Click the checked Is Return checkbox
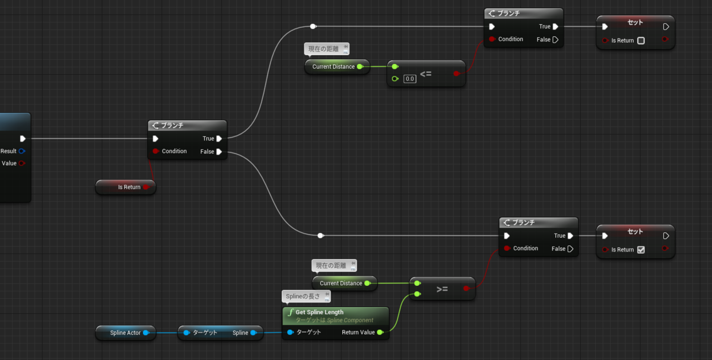[x=641, y=250]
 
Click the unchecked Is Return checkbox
[x=641, y=41]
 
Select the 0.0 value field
[x=410, y=79]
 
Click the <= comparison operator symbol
[x=425, y=74]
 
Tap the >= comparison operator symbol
[x=442, y=289]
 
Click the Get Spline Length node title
[x=319, y=313]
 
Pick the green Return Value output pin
[x=380, y=332]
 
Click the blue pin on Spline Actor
[x=146, y=333]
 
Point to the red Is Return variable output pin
[x=146, y=187]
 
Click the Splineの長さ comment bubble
[x=306, y=297]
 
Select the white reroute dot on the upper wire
[x=313, y=26]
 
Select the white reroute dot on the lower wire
[x=320, y=236]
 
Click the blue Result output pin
[x=21, y=151]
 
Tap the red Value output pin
[x=21, y=163]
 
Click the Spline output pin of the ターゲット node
[x=254, y=333]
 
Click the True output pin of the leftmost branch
[x=219, y=139]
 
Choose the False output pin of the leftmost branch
[x=219, y=152]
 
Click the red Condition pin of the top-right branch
[x=492, y=39]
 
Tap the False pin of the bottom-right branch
[x=571, y=249]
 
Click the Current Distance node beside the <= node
[x=337, y=67]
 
